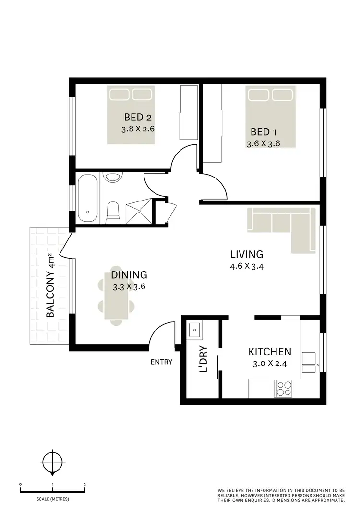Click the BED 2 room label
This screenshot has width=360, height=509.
[138, 117]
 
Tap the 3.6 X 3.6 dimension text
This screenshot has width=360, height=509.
[263, 143]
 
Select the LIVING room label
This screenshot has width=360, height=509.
[246, 254]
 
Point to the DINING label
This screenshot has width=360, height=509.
[129, 275]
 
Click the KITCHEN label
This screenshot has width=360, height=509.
[269, 352]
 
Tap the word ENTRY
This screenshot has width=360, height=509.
[161, 362]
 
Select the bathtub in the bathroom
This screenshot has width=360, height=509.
[88, 198]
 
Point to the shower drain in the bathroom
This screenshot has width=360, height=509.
[139, 211]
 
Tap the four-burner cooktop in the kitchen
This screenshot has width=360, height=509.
[283, 388]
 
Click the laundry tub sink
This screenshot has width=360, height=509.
[194, 329]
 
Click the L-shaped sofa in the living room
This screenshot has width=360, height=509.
[283, 225]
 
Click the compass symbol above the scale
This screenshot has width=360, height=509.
[52, 463]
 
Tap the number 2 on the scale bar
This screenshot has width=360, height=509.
[84, 485]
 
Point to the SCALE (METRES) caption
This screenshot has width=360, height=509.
[52, 499]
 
